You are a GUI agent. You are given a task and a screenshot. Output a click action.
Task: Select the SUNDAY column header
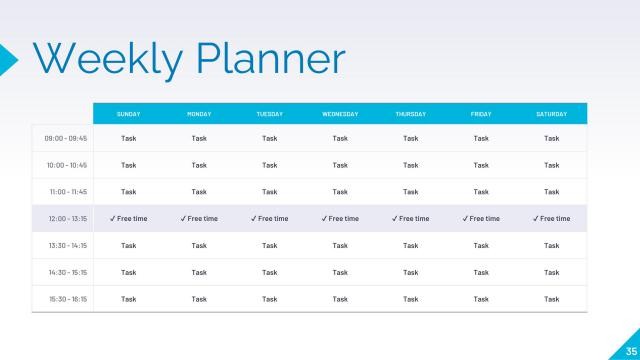(x=128, y=114)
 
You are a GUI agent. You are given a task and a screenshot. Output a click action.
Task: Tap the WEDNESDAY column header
(x=340, y=114)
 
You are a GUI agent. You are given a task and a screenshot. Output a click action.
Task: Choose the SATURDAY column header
(x=551, y=114)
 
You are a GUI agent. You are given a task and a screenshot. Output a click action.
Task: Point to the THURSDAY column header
(x=410, y=114)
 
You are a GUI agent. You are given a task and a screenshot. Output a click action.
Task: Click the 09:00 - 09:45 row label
(x=67, y=138)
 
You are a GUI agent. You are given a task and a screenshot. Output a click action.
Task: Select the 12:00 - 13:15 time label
(x=67, y=218)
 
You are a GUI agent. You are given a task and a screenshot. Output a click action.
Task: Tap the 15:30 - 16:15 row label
(x=67, y=298)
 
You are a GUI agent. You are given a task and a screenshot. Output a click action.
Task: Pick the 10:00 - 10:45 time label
(x=67, y=165)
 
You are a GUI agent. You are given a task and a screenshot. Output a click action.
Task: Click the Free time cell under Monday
(x=199, y=218)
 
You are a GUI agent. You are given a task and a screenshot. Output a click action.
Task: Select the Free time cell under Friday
(x=481, y=218)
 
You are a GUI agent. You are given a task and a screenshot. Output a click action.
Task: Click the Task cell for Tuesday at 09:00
(x=269, y=138)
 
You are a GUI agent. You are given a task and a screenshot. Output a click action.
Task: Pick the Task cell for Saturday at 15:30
(x=551, y=298)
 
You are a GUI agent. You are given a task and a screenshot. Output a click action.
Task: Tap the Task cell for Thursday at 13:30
(x=410, y=245)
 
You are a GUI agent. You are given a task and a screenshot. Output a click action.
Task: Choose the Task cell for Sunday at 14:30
(x=128, y=272)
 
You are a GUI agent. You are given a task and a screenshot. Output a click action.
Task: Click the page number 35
(x=630, y=350)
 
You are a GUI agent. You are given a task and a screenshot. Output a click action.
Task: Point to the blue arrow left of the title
(x=8, y=58)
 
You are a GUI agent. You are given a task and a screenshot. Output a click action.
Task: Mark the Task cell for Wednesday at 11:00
(x=340, y=191)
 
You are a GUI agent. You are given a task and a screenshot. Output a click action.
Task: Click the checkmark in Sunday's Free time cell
(x=113, y=218)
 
